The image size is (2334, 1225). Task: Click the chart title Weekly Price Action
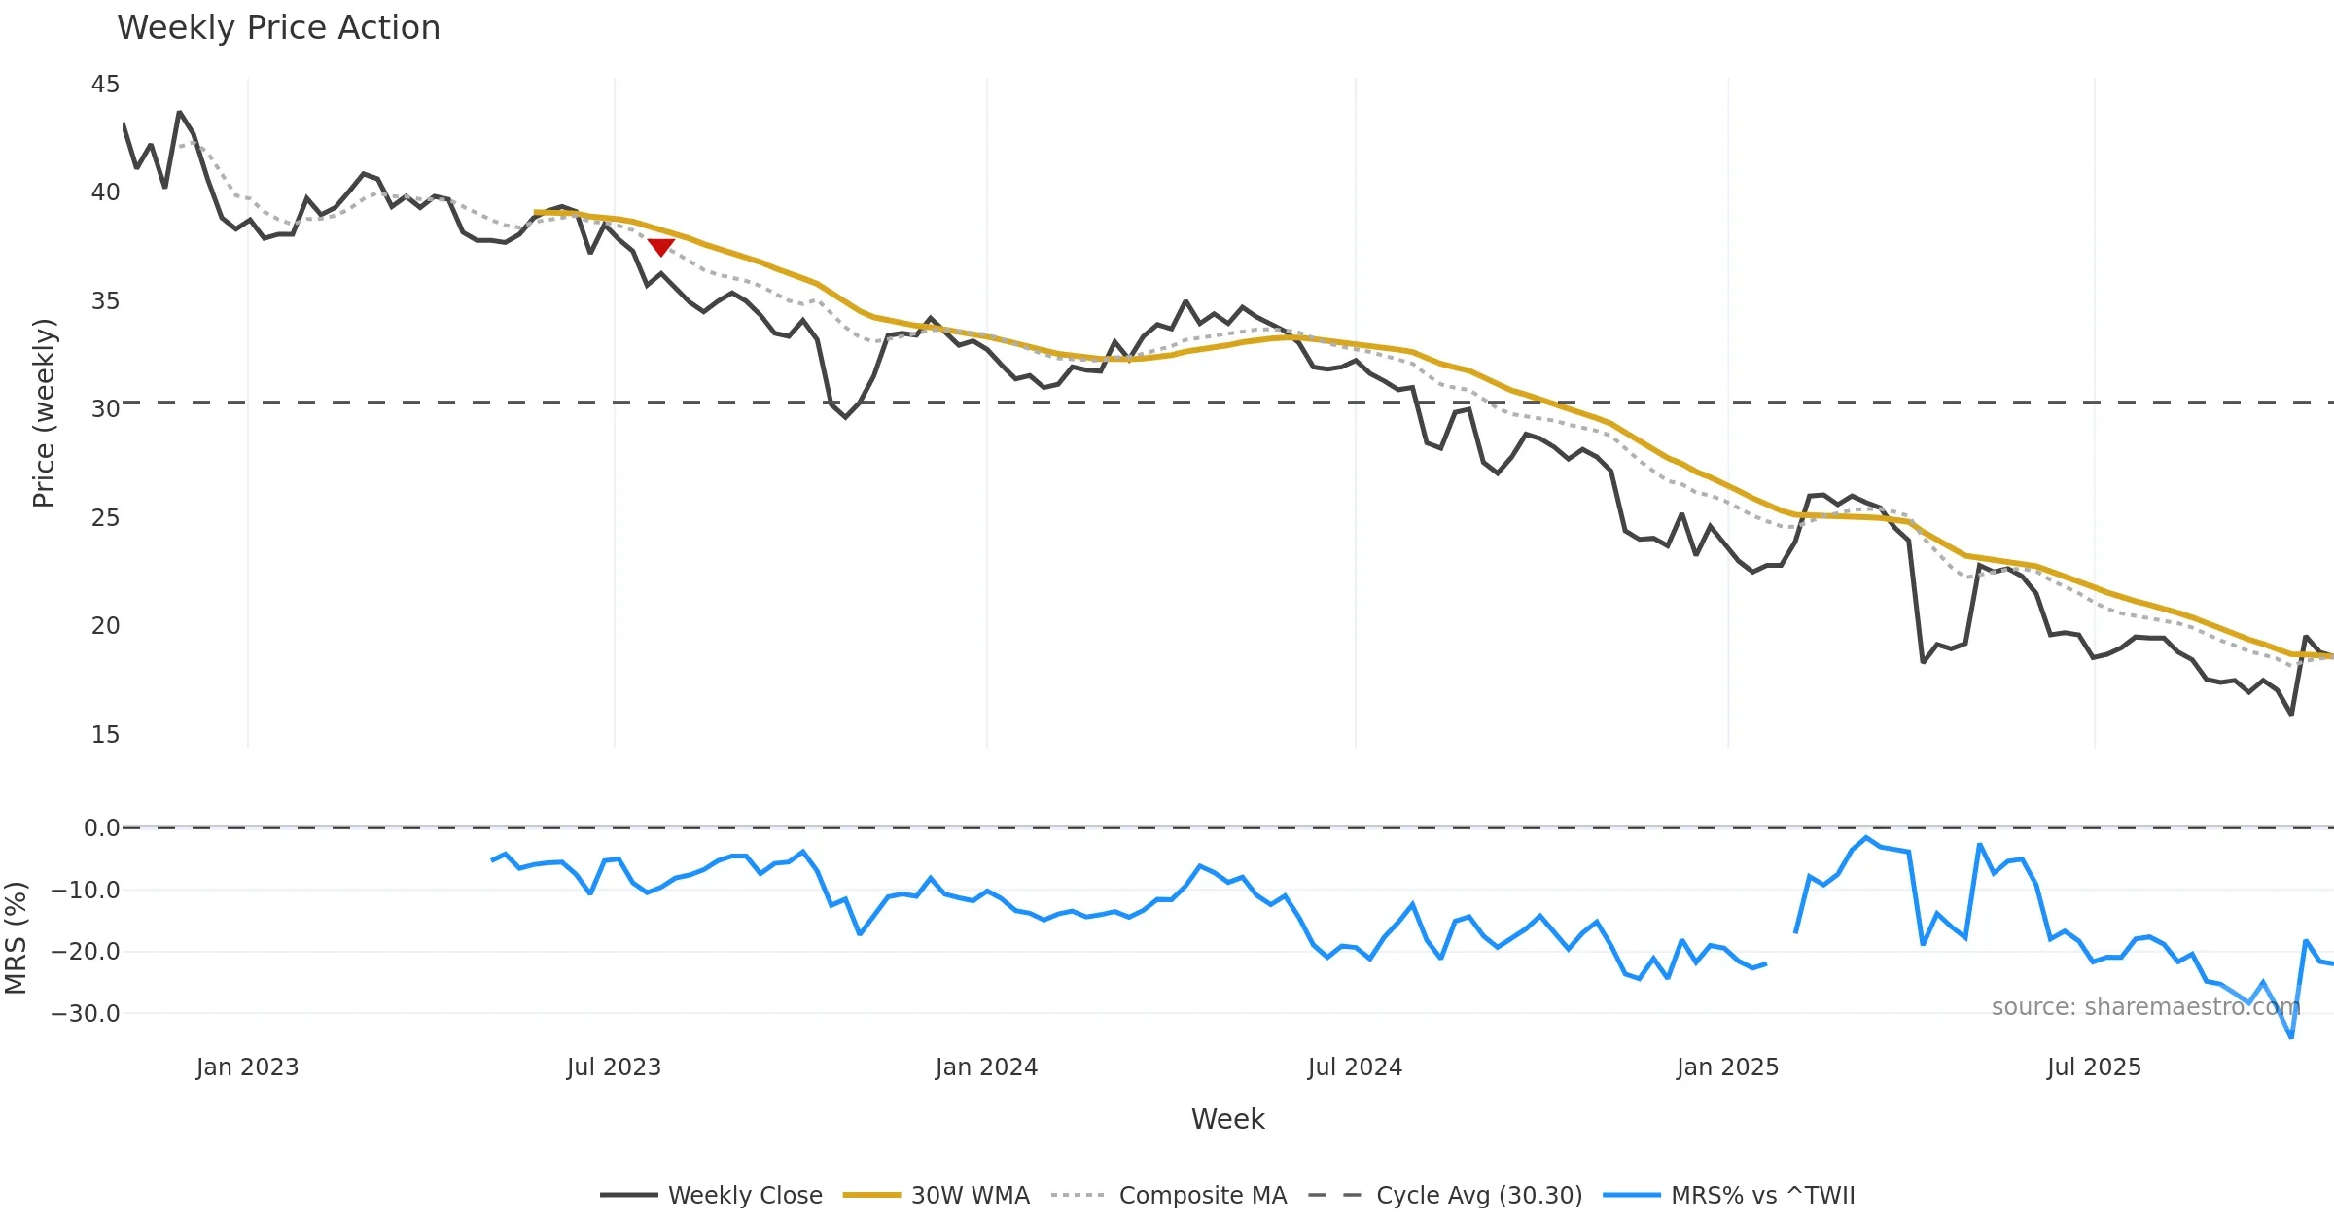(278, 28)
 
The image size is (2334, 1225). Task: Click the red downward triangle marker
(661, 247)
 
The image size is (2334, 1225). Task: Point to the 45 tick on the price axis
(105, 85)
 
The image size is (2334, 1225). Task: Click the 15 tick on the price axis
(105, 735)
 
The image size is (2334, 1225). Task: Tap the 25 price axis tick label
(105, 518)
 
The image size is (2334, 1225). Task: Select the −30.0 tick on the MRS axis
(86, 1014)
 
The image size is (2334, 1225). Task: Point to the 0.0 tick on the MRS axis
(101, 828)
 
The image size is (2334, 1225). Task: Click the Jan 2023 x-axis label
(247, 1067)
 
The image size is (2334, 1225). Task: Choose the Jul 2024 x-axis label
(1355, 1067)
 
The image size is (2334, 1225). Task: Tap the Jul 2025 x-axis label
(2094, 1067)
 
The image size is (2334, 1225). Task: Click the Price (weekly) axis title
(45, 413)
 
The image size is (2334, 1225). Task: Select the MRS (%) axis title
(16, 938)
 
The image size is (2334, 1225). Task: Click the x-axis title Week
(1227, 1120)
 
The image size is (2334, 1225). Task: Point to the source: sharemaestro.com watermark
(2145, 1007)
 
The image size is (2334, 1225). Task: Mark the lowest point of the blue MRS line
(2291, 1037)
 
